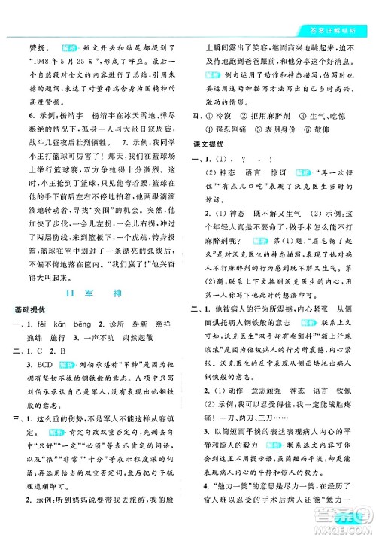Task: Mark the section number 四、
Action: (197, 113)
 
